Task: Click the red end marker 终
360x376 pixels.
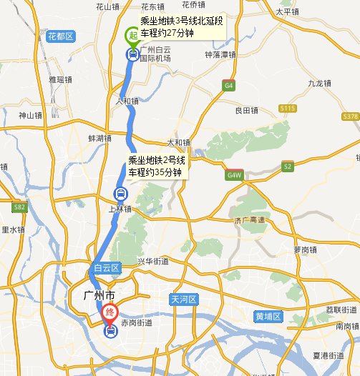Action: pos(110,312)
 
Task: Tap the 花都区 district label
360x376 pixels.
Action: pos(60,35)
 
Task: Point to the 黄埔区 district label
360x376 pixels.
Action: pos(269,315)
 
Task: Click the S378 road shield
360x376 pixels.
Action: pos(350,116)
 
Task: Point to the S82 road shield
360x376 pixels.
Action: pos(19,207)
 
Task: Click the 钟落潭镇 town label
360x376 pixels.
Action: pos(220,54)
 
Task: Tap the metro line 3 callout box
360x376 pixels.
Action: pos(182,27)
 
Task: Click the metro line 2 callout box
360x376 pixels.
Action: pos(156,166)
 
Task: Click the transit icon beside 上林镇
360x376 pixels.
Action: pos(120,194)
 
